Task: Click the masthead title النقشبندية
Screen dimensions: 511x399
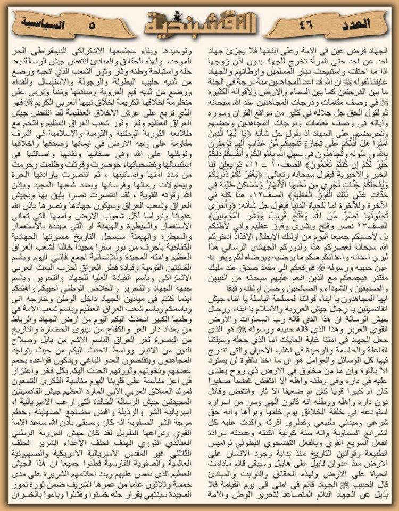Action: pyautogui.click(x=199, y=24)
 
